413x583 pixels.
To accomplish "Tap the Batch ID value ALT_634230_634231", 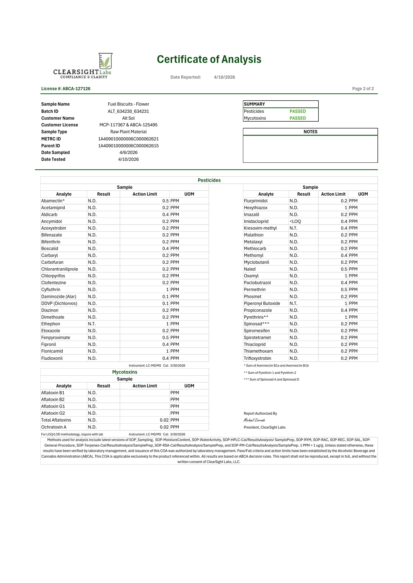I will (x=129, y=111).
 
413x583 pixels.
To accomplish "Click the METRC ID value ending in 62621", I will (x=129, y=139).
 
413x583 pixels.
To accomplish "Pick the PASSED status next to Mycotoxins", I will (x=298, y=118).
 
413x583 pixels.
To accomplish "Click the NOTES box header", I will (x=310, y=132).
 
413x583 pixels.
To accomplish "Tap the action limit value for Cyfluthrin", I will (x=167, y=289).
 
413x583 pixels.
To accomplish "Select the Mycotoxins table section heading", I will (x=125, y=372).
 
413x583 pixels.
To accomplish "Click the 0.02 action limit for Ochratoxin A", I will (x=164, y=427).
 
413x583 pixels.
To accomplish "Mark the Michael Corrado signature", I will (x=254, y=420).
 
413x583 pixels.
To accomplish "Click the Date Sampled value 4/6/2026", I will (x=129, y=152).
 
